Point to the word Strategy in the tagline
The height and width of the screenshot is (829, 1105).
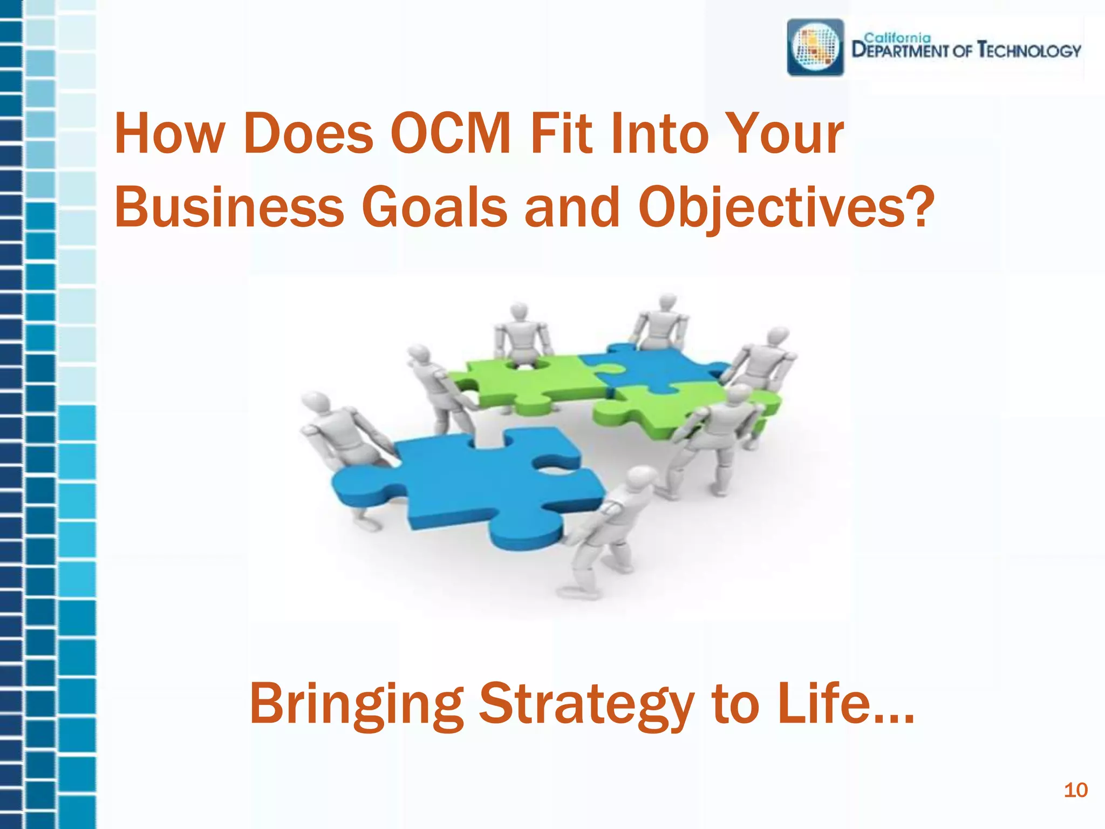click(x=586, y=704)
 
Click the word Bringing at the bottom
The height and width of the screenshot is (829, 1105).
click(x=356, y=704)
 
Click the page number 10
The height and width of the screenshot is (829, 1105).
click(x=1075, y=790)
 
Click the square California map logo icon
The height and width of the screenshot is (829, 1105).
click(x=815, y=47)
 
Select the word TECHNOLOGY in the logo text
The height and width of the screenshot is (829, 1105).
click(x=1029, y=51)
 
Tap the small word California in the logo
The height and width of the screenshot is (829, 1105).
click(x=897, y=38)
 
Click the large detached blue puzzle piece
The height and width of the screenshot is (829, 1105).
click(x=475, y=486)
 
